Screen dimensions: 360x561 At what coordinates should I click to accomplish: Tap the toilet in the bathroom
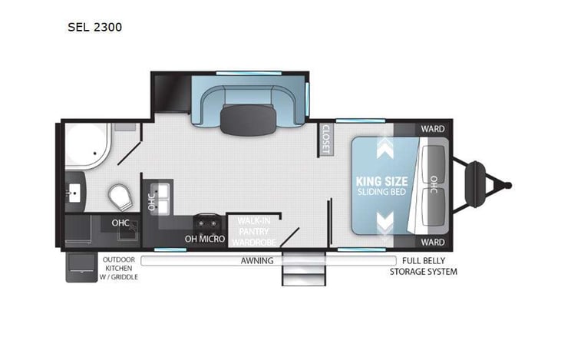[x=118, y=197]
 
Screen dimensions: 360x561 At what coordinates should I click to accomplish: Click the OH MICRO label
[x=205, y=239]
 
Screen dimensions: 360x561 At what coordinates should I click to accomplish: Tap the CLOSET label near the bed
[x=325, y=139]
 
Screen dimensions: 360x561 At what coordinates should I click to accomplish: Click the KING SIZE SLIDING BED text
[x=381, y=187]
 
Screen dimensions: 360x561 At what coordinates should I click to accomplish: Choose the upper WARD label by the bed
[x=430, y=129]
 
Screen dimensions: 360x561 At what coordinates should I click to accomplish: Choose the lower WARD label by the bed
[x=430, y=242]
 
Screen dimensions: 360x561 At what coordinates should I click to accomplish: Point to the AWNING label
[x=257, y=261]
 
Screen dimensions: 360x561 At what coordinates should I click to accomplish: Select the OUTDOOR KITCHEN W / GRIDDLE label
[x=120, y=268]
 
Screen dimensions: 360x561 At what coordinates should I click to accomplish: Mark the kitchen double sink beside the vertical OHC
[x=163, y=197]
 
